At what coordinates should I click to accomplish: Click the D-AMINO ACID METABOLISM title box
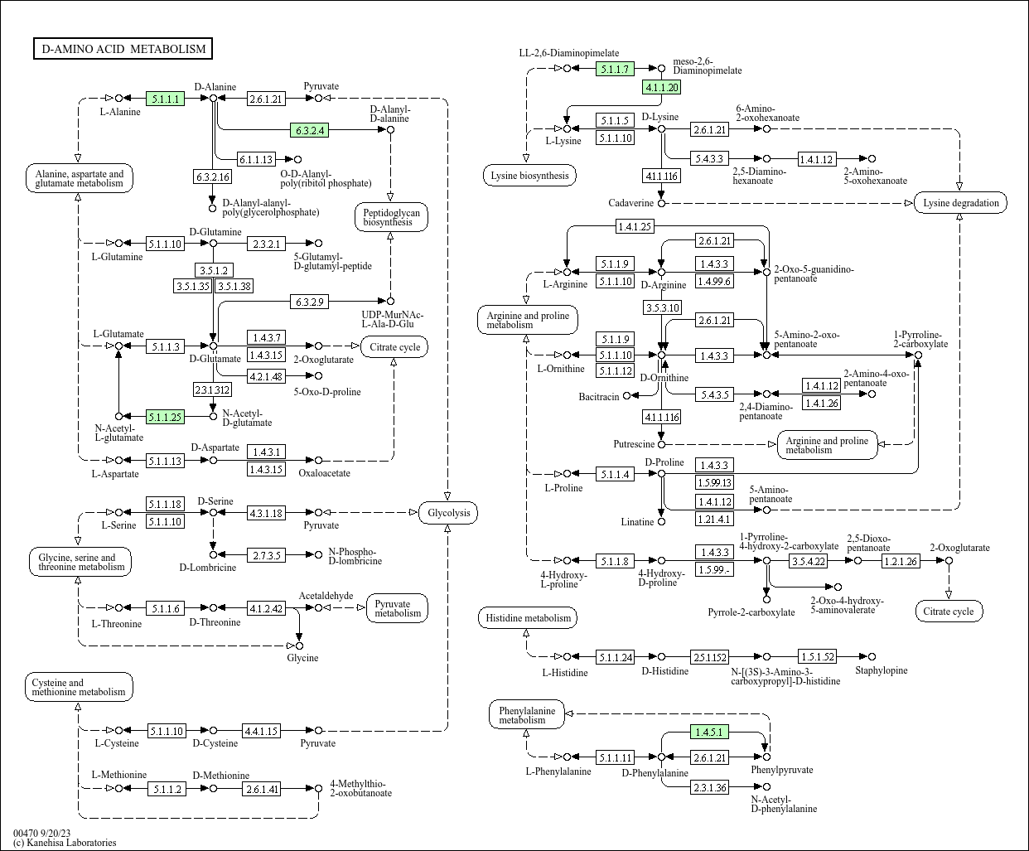pos(123,49)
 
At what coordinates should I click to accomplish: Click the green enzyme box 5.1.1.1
pos(165,99)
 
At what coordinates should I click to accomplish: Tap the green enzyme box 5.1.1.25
pos(165,417)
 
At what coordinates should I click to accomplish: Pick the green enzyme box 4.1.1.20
pos(662,87)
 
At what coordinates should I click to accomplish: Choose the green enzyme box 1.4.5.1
pos(710,733)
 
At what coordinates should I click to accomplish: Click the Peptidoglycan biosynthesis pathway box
pos(392,217)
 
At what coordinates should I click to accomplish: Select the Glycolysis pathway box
pos(448,513)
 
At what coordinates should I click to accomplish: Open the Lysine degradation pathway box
pos(960,203)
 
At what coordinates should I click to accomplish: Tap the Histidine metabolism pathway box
pos(528,618)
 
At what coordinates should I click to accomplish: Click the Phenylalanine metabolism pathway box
pos(527,715)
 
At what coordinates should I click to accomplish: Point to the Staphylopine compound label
pos(882,670)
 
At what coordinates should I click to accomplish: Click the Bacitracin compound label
pos(599,397)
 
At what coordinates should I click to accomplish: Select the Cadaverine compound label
pos(630,203)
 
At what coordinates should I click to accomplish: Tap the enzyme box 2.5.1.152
pos(710,657)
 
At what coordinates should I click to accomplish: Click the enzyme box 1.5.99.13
pos(714,483)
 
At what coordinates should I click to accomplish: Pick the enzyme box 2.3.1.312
pos(212,389)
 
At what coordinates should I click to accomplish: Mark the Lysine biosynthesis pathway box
pos(529,176)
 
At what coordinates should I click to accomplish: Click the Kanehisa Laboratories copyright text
pos(65,843)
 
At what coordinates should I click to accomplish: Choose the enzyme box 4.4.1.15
pos(261,731)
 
